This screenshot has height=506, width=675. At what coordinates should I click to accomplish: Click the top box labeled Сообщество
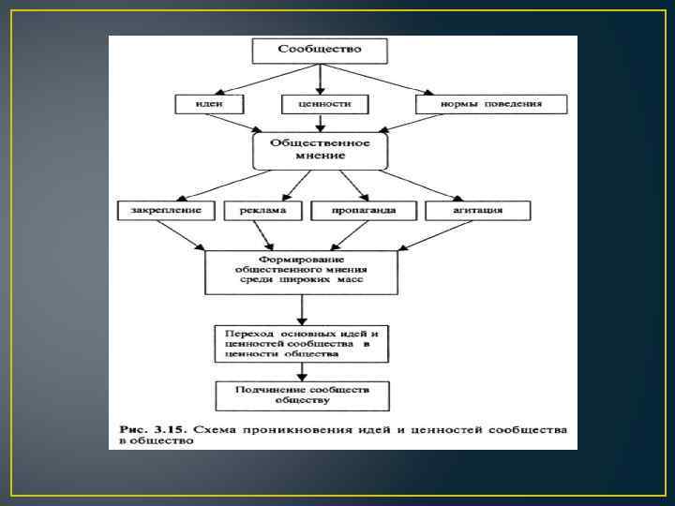[x=320, y=49]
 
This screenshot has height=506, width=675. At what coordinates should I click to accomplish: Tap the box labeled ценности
[x=320, y=103]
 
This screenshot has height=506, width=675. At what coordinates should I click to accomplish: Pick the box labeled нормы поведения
[x=491, y=103]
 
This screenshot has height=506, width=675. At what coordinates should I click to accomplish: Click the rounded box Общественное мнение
[x=320, y=150]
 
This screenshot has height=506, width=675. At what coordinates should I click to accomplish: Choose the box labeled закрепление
[x=167, y=210]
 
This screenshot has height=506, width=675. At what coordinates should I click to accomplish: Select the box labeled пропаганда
[x=363, y=210]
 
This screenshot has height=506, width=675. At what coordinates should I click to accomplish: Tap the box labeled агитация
[x=477, y=210]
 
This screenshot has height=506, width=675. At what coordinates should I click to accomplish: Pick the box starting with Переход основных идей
[x=301, y=344]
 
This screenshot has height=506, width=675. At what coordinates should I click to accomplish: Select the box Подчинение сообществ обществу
[x=301, y=394]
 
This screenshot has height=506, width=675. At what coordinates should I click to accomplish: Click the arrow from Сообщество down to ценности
[x=320, y=77]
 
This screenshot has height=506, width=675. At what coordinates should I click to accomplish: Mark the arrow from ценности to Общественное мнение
[x=320, y=123]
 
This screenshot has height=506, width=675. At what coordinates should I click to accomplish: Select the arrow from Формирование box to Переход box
[x=301, y=309]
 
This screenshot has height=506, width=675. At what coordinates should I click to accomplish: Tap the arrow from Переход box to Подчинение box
[x=301, y=372]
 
